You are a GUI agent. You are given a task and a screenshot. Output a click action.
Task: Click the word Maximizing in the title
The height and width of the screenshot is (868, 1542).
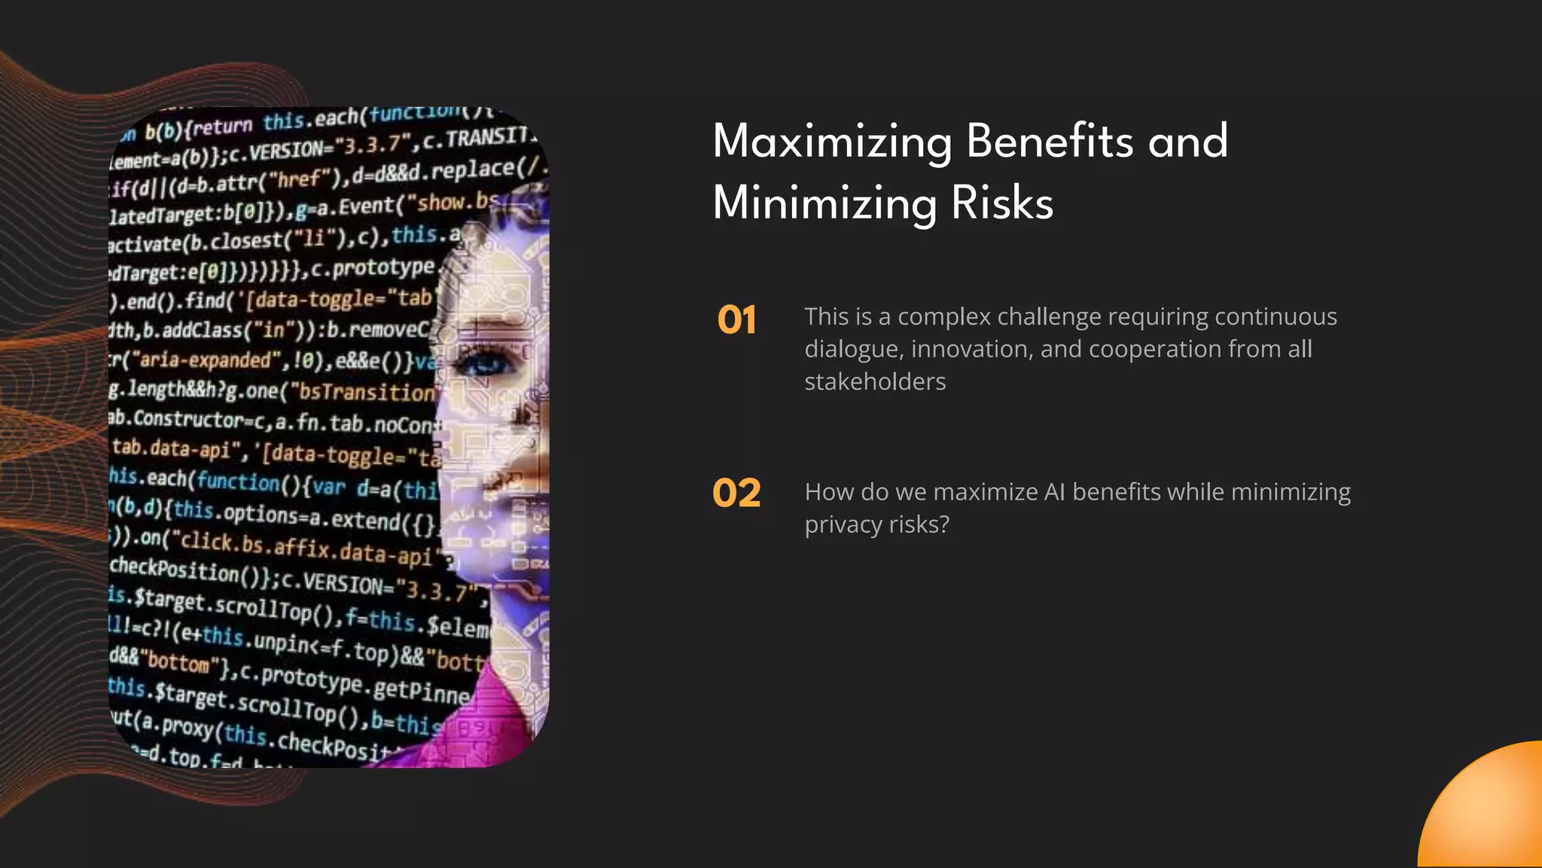[x=832, y=142]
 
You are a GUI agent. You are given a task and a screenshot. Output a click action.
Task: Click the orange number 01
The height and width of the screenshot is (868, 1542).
[x=736, y=320]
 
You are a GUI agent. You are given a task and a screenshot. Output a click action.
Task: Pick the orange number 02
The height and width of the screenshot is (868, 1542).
[x=736, y=494]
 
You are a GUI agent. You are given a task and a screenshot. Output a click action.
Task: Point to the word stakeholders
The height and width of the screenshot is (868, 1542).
[x=875, y=382]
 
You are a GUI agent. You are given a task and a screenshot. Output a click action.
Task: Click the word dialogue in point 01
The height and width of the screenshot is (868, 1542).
[x=854, y=350]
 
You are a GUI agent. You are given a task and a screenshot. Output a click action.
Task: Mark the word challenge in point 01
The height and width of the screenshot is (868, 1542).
[x=1048, y=317]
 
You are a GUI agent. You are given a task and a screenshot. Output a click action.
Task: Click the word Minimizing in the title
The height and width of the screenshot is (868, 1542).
[x=825, y=203]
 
